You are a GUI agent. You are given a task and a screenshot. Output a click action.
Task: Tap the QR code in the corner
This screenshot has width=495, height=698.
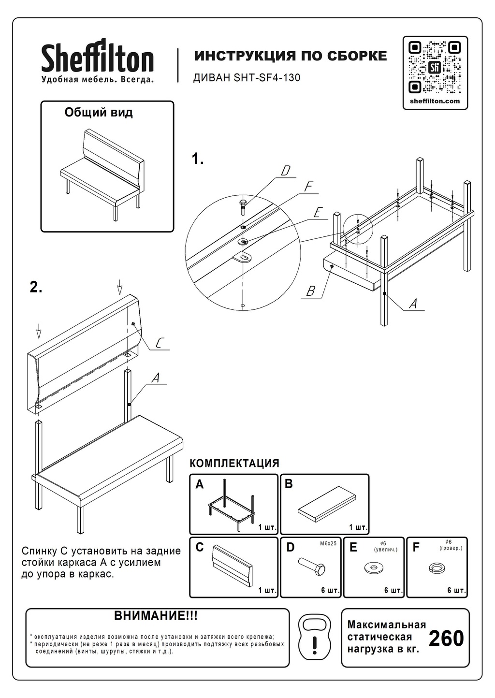pyautogui.click(x=435, y=67)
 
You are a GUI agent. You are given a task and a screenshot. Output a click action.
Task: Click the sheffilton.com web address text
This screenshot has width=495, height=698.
pyautogui.click(x=435, y=101)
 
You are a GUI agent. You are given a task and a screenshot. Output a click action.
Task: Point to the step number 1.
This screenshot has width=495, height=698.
pyautogui.click(x=197, y=159)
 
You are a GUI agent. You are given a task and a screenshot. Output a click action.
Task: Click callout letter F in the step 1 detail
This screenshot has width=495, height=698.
pyautogui.click(x=308, y=187)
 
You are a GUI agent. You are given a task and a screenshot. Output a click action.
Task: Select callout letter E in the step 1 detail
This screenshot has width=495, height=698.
pyautogui.click(x=318, y=213)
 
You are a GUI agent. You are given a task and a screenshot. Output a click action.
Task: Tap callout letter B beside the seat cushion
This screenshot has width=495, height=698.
pyautogui.click(x=310, y=291)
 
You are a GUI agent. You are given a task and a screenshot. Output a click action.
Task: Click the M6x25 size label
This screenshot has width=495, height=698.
pyautogui.click(x=328, y=543)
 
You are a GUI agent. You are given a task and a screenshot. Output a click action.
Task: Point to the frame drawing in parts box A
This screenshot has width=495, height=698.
pyautogui.click(x=232, y=503)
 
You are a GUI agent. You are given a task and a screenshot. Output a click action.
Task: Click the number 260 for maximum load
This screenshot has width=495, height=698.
pyautogui.click(x=446, y=638)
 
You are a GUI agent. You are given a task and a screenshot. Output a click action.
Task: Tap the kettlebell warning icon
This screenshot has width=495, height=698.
pyautogui.click(x=315, y=638)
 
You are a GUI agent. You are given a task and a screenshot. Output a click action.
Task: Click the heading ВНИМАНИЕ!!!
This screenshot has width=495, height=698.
pyautogui.click(x=156, y=616)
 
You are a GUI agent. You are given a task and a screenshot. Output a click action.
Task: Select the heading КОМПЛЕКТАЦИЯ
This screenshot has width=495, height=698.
pyautogui.click(x=234, y=463)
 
